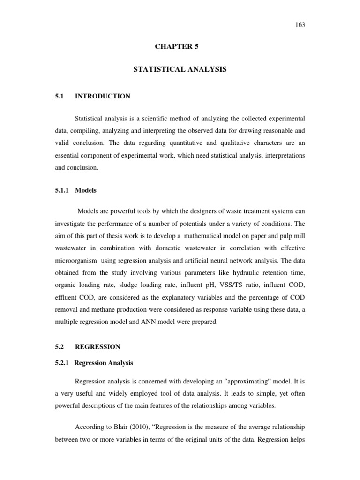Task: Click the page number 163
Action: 300,25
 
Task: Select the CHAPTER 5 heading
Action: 180,46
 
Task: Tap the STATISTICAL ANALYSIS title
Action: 180,69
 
